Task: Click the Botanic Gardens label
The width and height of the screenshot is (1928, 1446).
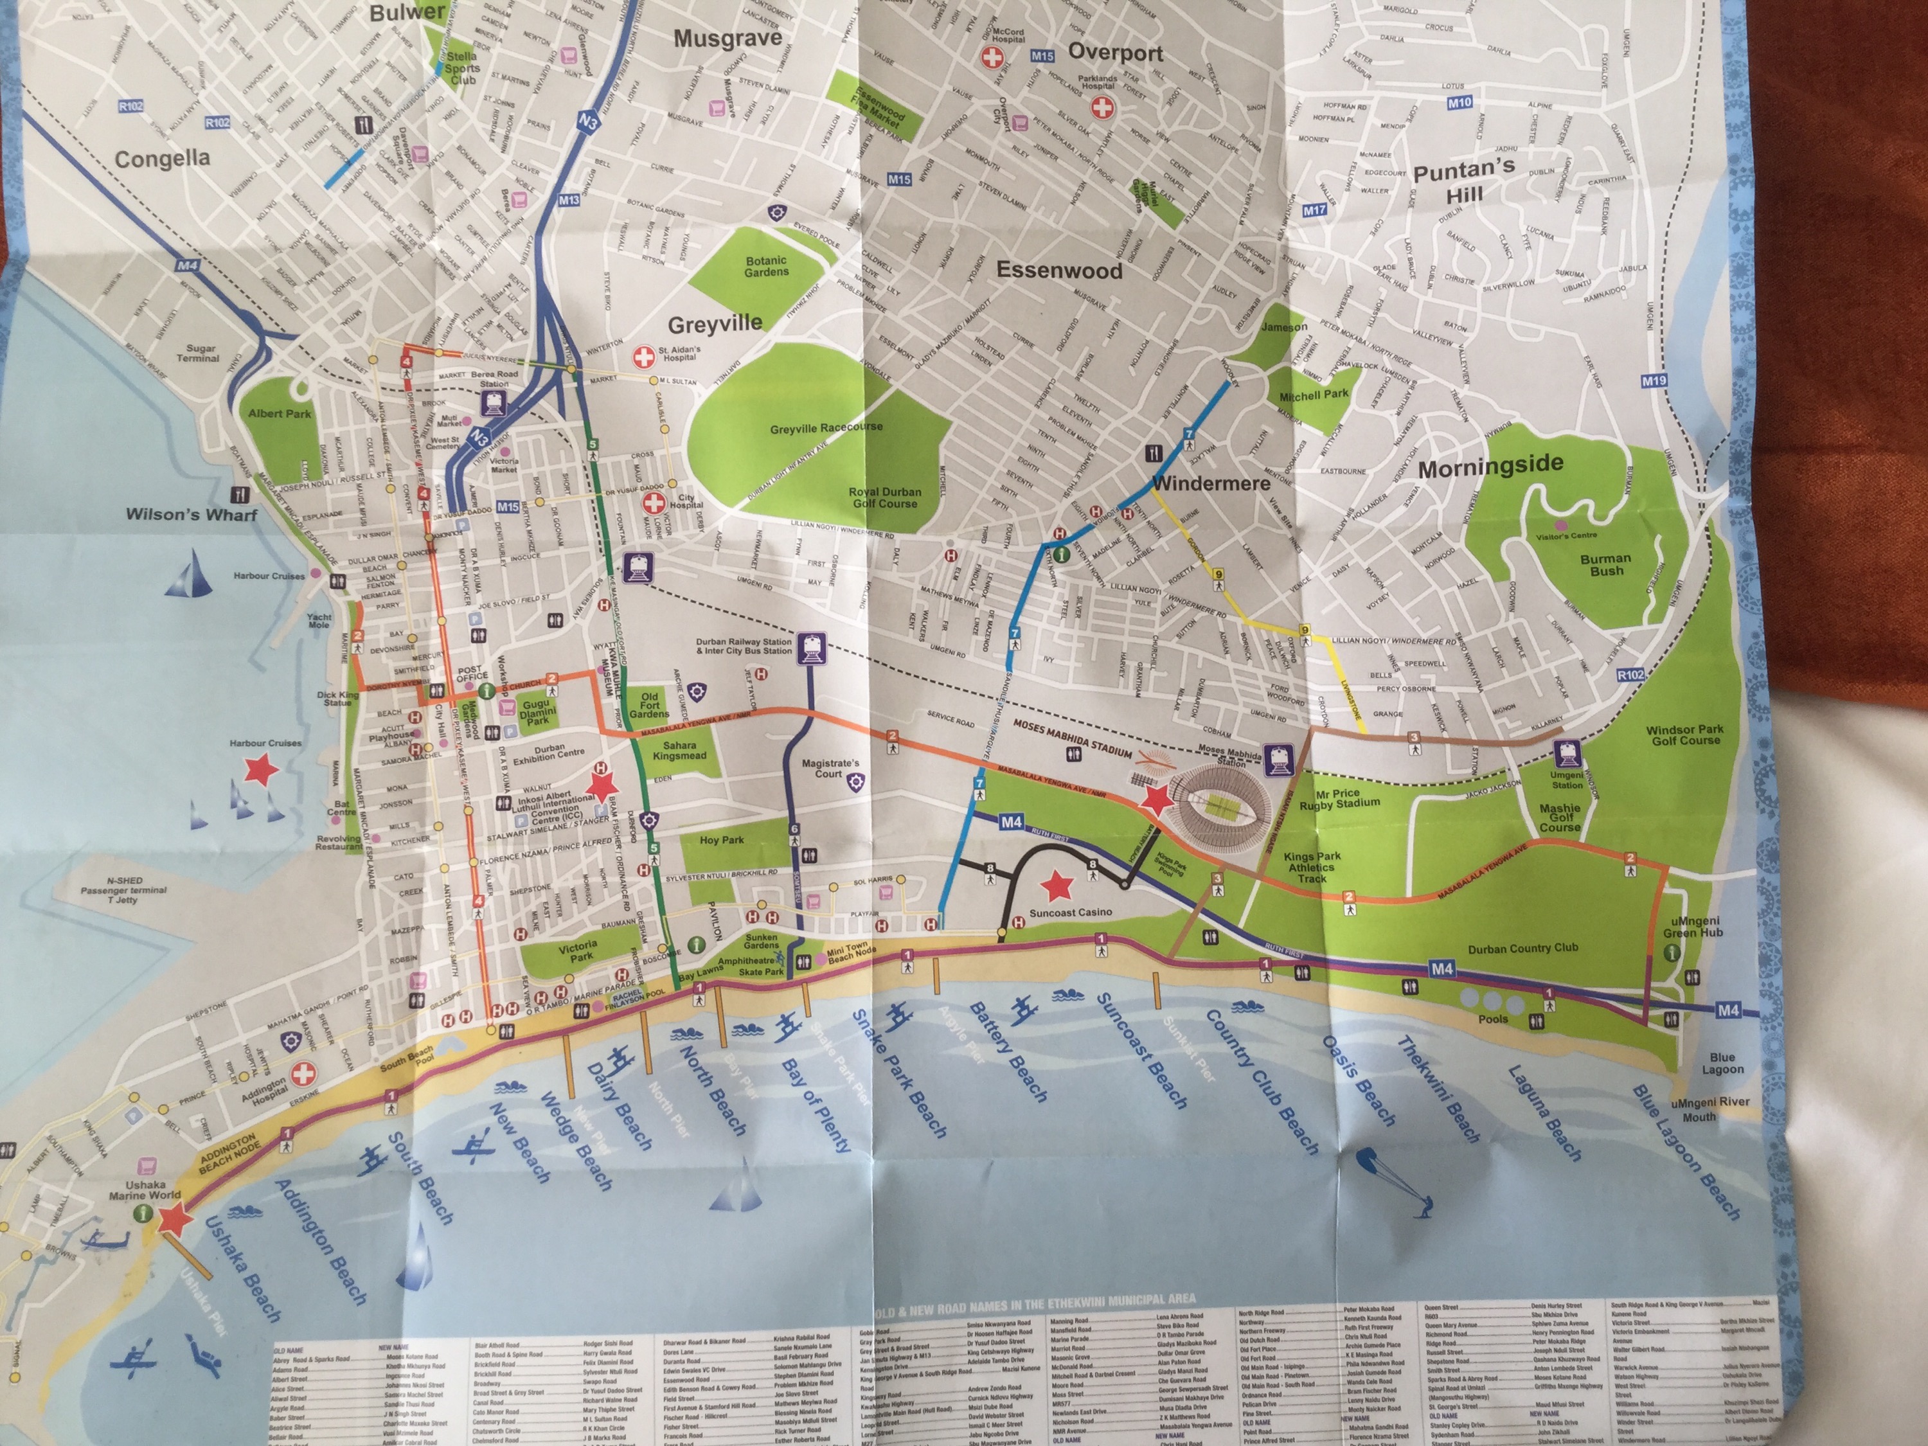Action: click(766, 267)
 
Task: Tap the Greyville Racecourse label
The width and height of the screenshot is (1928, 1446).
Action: click(825, 428)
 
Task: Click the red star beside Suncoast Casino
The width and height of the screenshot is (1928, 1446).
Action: click(1058, 886)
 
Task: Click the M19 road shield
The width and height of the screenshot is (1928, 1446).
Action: click(1654, 381)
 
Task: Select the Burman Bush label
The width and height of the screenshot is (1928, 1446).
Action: click(1605, 565)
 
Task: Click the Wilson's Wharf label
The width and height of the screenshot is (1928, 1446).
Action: click(192, 514)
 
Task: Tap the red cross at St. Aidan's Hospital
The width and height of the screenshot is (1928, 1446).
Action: click(643, 357)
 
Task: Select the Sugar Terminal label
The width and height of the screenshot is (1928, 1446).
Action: click(198, 353)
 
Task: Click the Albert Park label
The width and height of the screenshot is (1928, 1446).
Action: click(279, 413)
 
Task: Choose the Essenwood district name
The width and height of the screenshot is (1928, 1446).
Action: click(1059, 270)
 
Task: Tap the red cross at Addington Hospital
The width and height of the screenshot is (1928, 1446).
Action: click(304, 1073)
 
